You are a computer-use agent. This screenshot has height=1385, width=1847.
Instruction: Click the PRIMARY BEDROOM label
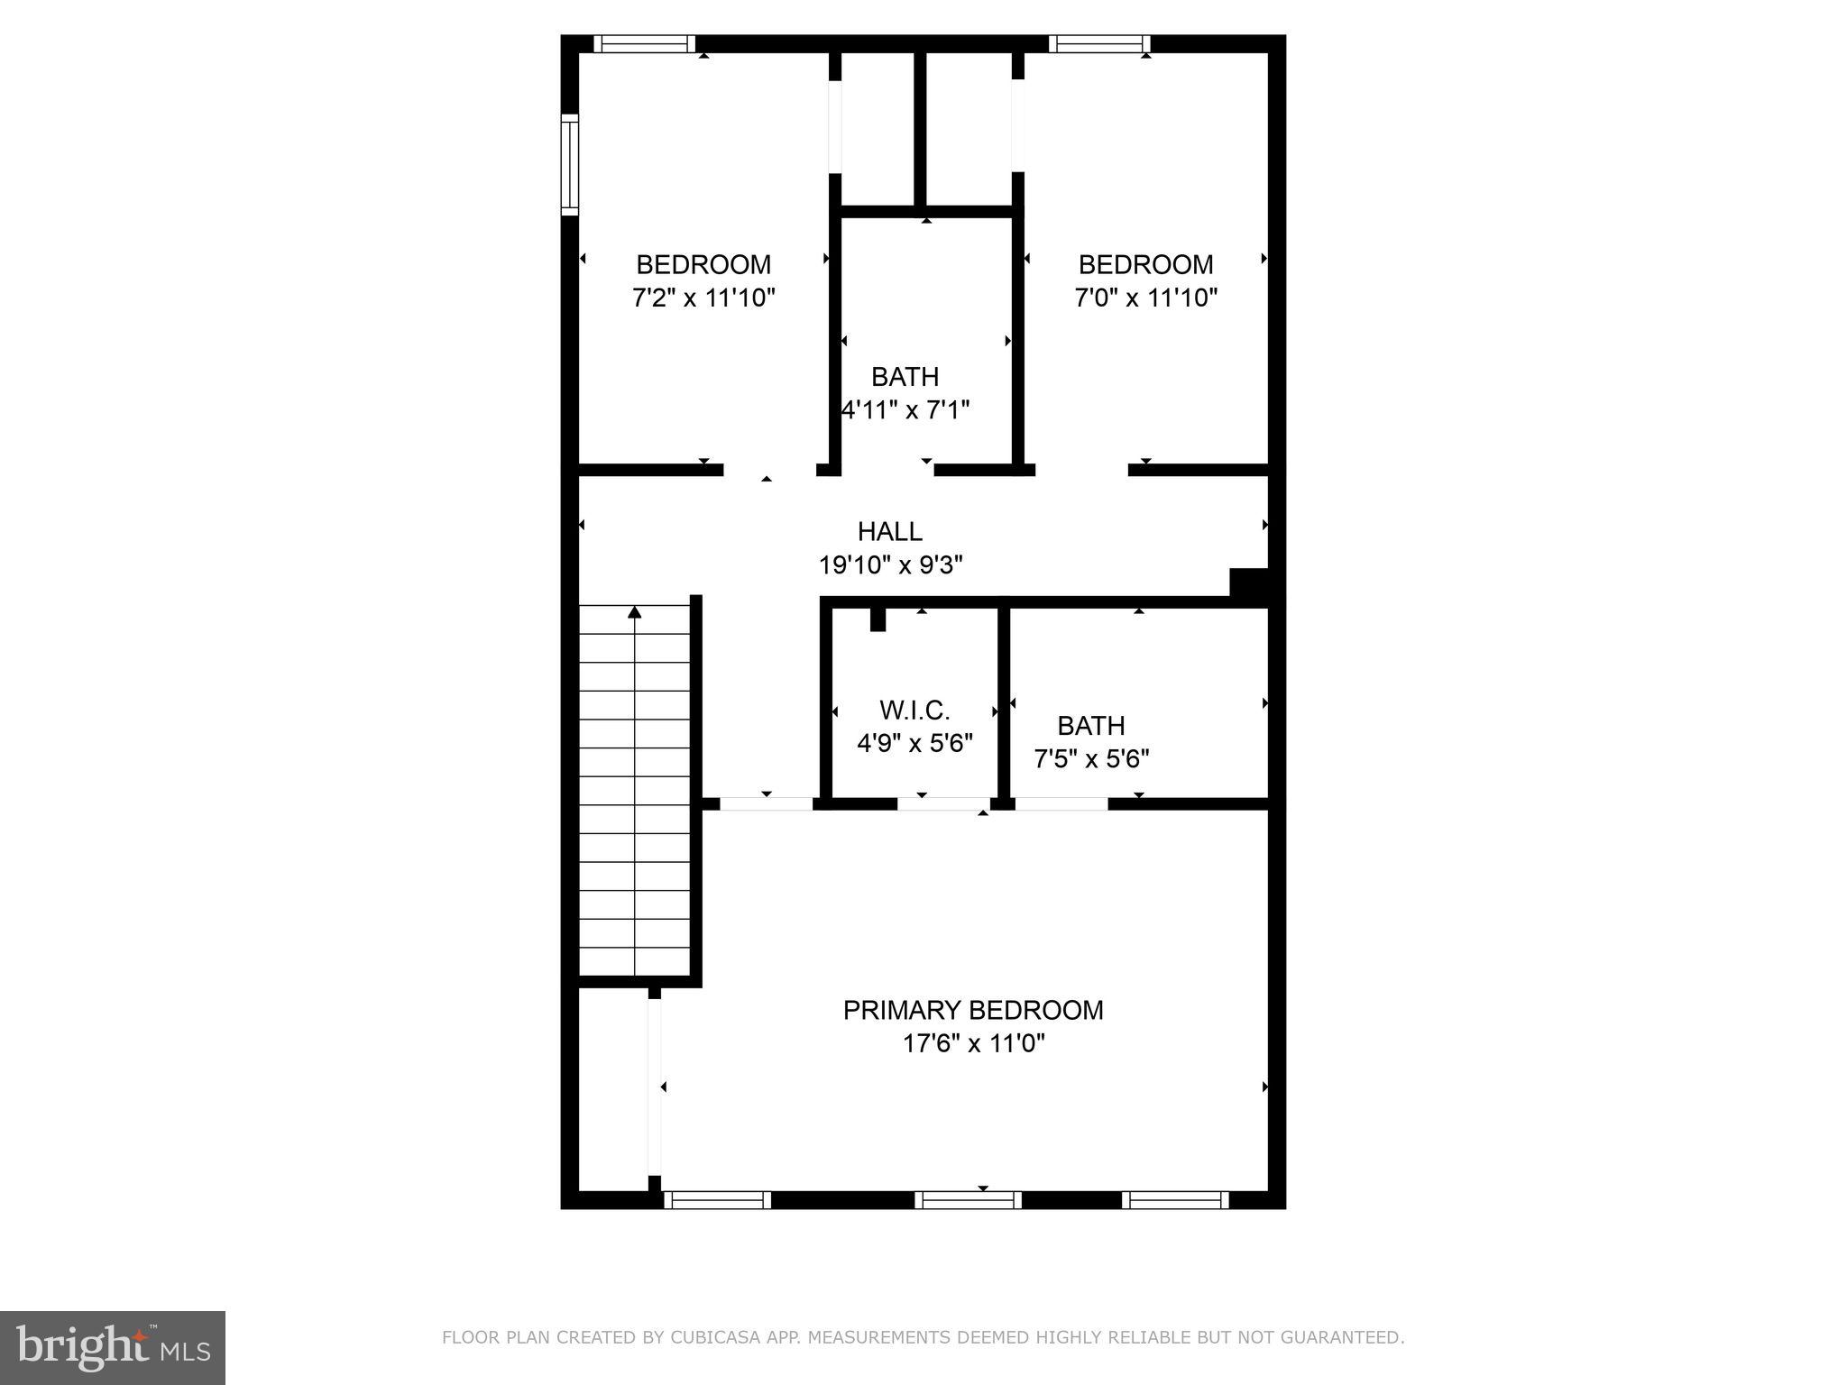coord(973,1010)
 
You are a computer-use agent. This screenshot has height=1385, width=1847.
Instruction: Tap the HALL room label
coord(889,532)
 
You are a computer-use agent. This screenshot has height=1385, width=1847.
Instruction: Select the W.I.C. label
coord(914,711)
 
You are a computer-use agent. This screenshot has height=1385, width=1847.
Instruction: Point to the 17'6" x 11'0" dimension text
coord(973,1044)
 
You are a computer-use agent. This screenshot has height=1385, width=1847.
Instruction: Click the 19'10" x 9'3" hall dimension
coord(890,565)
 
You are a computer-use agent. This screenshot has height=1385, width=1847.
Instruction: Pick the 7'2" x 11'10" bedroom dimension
coord(703,298)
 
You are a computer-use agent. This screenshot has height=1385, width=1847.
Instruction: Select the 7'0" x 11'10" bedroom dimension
coord(1145,298)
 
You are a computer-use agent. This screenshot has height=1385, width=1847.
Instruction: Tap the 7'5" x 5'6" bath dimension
coord(1091,759)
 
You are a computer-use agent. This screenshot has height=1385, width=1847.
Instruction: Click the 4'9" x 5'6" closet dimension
coord(914,744)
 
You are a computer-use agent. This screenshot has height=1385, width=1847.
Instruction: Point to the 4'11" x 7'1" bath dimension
coord(905,410)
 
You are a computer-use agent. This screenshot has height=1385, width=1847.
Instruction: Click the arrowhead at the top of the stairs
coord(635,613)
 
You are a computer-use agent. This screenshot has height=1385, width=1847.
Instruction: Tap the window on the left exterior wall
coord(569,164)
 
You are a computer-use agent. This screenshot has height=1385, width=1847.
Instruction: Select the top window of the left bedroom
coord(644,43)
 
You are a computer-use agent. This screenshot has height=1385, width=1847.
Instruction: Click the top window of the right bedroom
coord(1099,43)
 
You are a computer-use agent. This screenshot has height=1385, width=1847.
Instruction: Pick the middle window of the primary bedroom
coord(968,1200)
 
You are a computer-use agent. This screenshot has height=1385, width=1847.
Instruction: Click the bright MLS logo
coord(112,1347)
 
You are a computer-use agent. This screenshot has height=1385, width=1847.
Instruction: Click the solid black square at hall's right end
coord(1250,582)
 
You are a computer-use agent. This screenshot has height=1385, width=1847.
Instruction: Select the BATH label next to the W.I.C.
coord(1090,726)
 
